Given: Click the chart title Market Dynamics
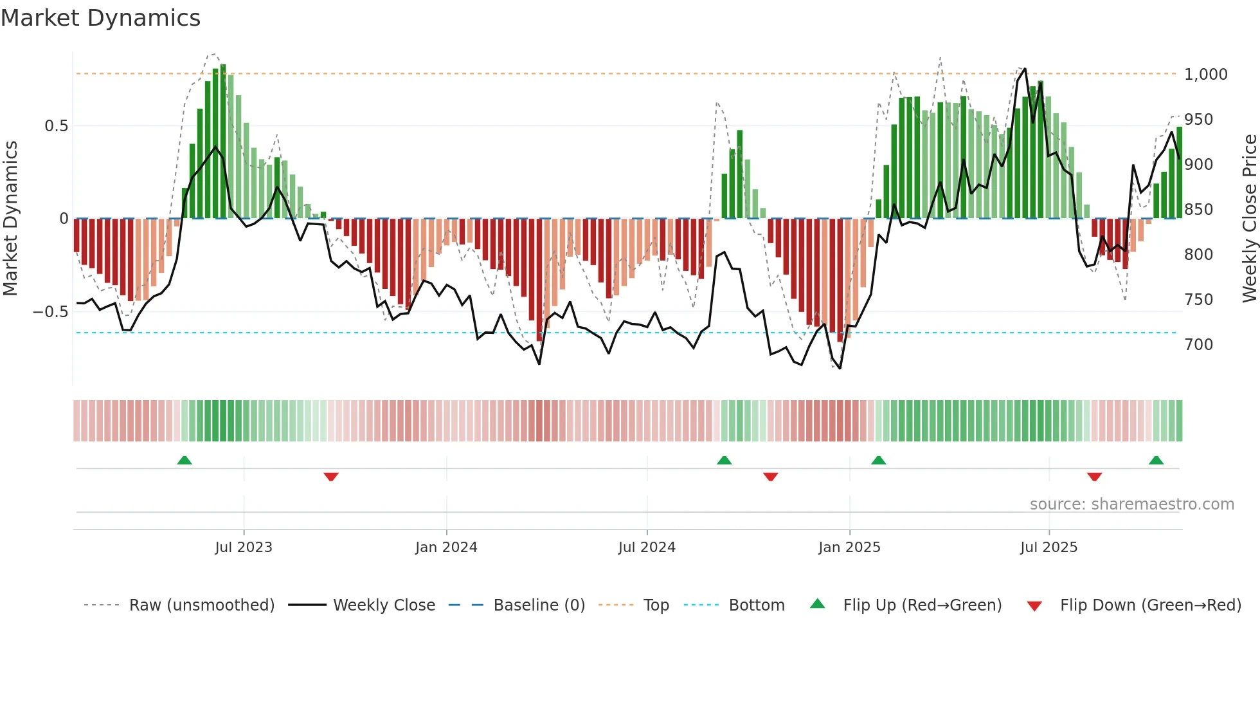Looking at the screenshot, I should pos(101,18).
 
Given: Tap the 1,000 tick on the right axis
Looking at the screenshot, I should pos(1205,74).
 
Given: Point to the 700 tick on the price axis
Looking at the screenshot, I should pos(1198,344).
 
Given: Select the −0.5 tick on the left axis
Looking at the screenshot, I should pos(50,311).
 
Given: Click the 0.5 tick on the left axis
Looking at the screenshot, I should pos(56,125).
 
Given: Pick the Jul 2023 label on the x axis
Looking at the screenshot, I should pos(244,547).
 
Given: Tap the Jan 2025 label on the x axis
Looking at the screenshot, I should pos(849,547).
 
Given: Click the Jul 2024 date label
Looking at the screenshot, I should pos(647,547).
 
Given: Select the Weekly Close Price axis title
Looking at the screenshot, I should pos(1249,218).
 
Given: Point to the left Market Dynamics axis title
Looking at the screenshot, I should pos(10,218).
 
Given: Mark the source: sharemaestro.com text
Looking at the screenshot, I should pos(1131,504).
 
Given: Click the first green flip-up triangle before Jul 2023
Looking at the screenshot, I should pos(184,460).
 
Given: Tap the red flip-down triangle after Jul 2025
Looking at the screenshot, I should pos(1095,477).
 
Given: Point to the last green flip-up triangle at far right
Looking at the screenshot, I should pos(1156,460).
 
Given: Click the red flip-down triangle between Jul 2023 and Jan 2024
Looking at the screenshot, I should pos(331,477).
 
